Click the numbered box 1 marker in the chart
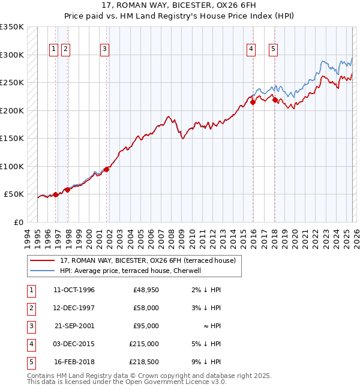pos(54,49)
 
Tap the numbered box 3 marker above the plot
pos(105,49)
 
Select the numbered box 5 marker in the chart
pos(273,49)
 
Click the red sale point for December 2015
pos(253,102)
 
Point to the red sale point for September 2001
pos(107,169)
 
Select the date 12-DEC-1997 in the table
pos(74,308)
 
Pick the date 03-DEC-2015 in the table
pos(74,344)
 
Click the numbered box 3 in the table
pos(29,326)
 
